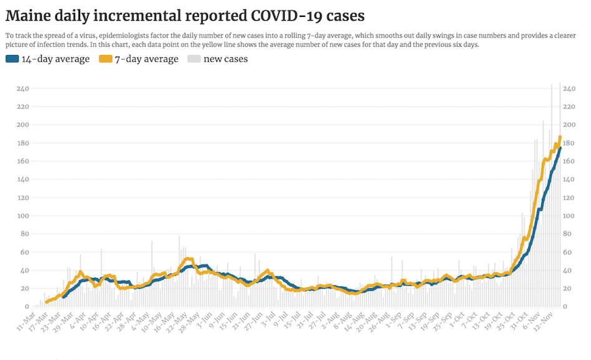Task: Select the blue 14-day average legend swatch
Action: click(12, 59)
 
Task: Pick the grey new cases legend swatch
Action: click(194, 59)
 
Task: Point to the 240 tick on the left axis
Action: click(23, 89)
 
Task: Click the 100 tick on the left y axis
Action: click(23, 216)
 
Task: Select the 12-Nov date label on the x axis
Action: click(548, 319)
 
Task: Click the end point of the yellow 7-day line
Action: click(560, 137)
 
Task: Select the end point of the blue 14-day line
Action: click(560, 148)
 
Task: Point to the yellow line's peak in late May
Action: click(189, 258)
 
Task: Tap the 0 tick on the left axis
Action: click(27, 306)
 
